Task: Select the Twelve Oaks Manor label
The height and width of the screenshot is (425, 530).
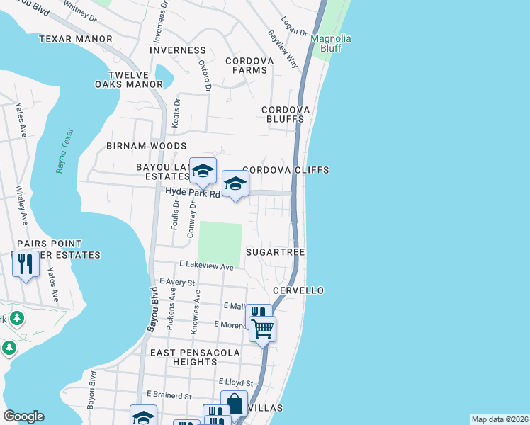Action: (135, 79)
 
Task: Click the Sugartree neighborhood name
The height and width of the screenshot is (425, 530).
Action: (275, 252)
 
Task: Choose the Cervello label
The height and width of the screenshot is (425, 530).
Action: (298, 290)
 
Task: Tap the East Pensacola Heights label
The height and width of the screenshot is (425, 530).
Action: (194, 357)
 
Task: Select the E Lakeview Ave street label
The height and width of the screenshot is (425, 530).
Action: (206, 267)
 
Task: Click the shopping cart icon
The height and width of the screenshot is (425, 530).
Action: (262, 328)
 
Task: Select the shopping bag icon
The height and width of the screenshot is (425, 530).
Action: (234, 404)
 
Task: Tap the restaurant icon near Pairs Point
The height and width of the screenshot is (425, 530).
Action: (26, 264)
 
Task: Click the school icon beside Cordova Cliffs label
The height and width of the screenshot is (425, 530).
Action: (235, 185)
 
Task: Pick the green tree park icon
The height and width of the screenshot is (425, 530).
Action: (9, 348)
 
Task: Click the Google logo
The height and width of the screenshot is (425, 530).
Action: (23, 416)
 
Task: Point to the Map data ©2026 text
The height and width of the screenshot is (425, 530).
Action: (499, 419)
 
